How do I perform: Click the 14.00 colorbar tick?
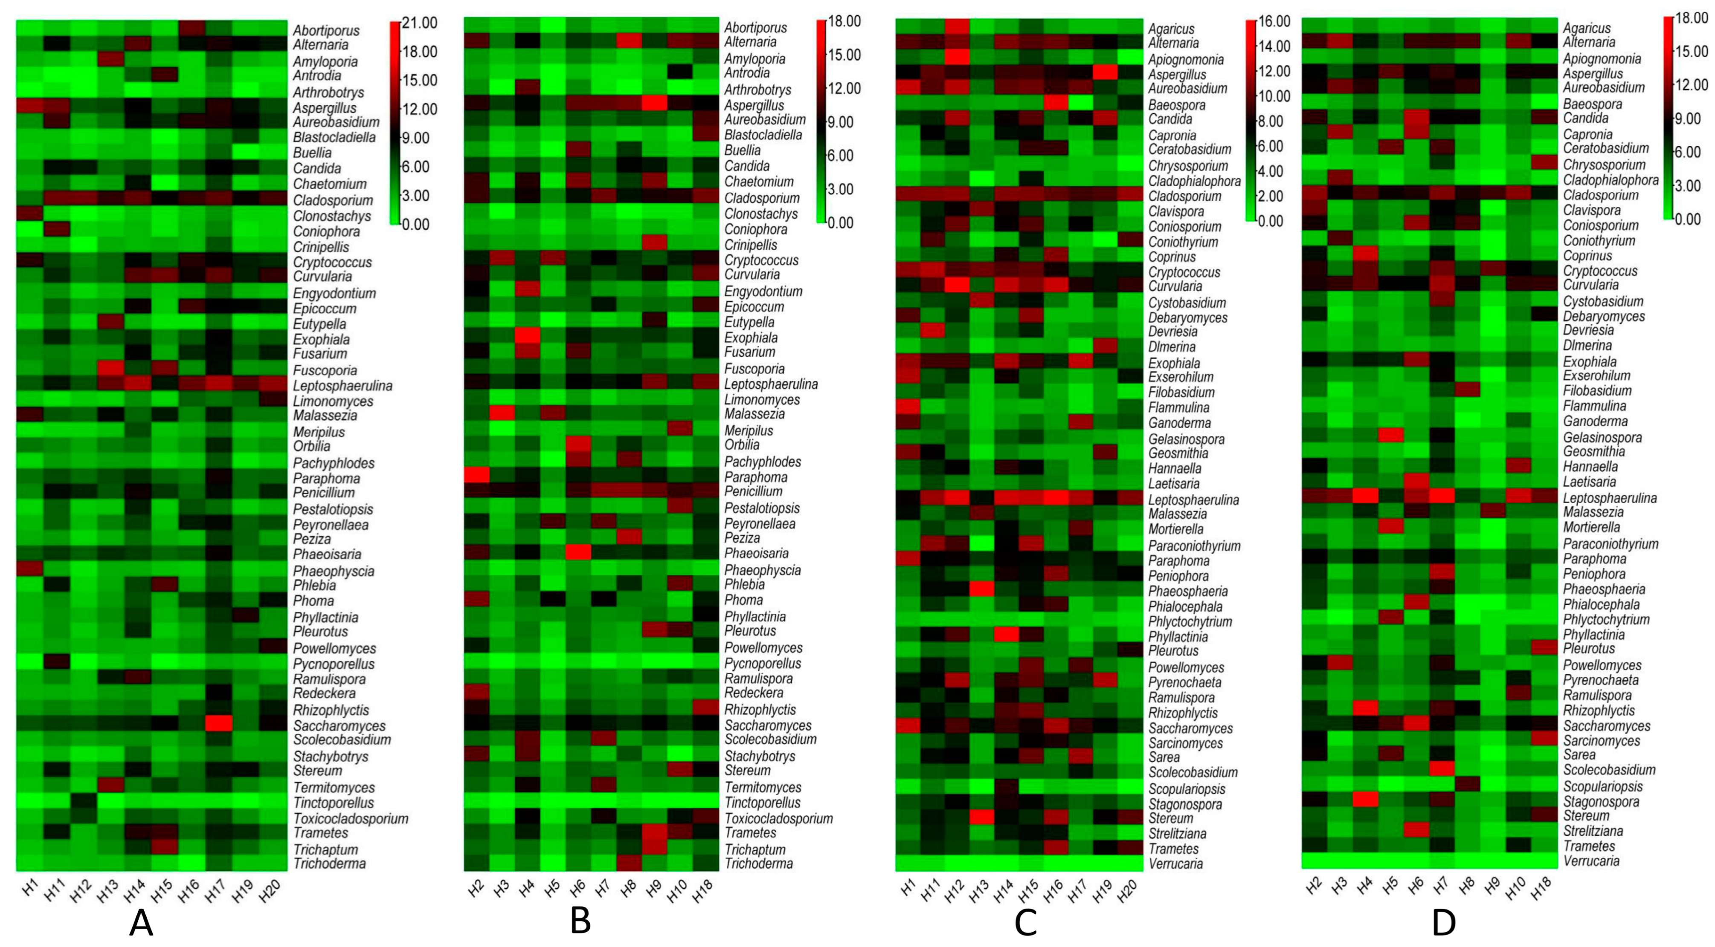coord(1274,46)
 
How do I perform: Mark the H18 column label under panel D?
coord(1539,889)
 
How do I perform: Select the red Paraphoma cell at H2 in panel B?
coord(476,475)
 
